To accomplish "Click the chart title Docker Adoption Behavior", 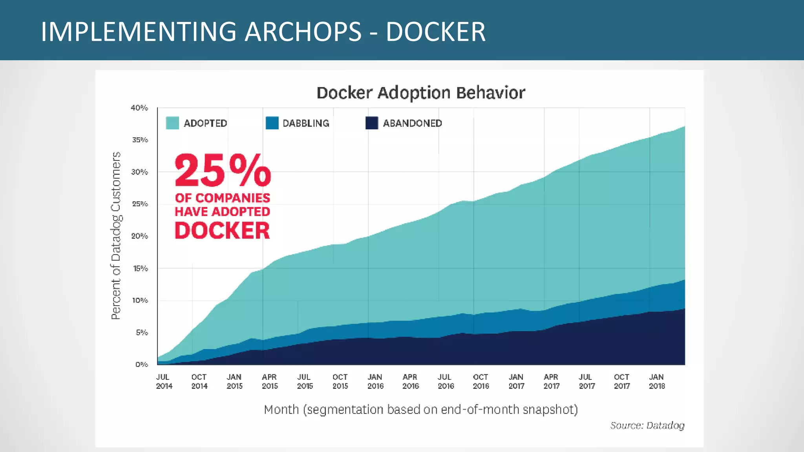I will [x=420, y=93].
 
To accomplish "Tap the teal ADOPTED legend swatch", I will [x=172, y=123].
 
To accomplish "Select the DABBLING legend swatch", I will [x=272, y=123].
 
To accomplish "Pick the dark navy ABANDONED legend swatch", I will [x=371, y=123].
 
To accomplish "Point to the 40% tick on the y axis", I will [x=139, y=108].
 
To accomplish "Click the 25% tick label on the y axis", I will [x=140, y=204].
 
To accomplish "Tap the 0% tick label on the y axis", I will [x=141, y=365].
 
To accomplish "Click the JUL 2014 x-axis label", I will [x=164, y=381].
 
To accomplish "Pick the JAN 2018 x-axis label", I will [x=657, y=381].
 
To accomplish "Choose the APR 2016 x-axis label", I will [x=410, y=381].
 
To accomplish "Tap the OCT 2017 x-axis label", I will [x=621, y=381].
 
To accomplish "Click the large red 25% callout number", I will [x=223, y=171].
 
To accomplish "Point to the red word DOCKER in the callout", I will [x=222, y=230].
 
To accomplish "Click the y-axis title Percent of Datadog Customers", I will [x=116, y=235].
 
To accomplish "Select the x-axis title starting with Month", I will [x=420, y=410].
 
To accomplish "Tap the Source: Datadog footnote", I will [x=647, y=425].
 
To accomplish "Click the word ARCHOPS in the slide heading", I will [x=303, y=31].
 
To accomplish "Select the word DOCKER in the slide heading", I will [x=435, y=31].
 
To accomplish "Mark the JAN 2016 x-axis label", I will [x=375, y=381].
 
